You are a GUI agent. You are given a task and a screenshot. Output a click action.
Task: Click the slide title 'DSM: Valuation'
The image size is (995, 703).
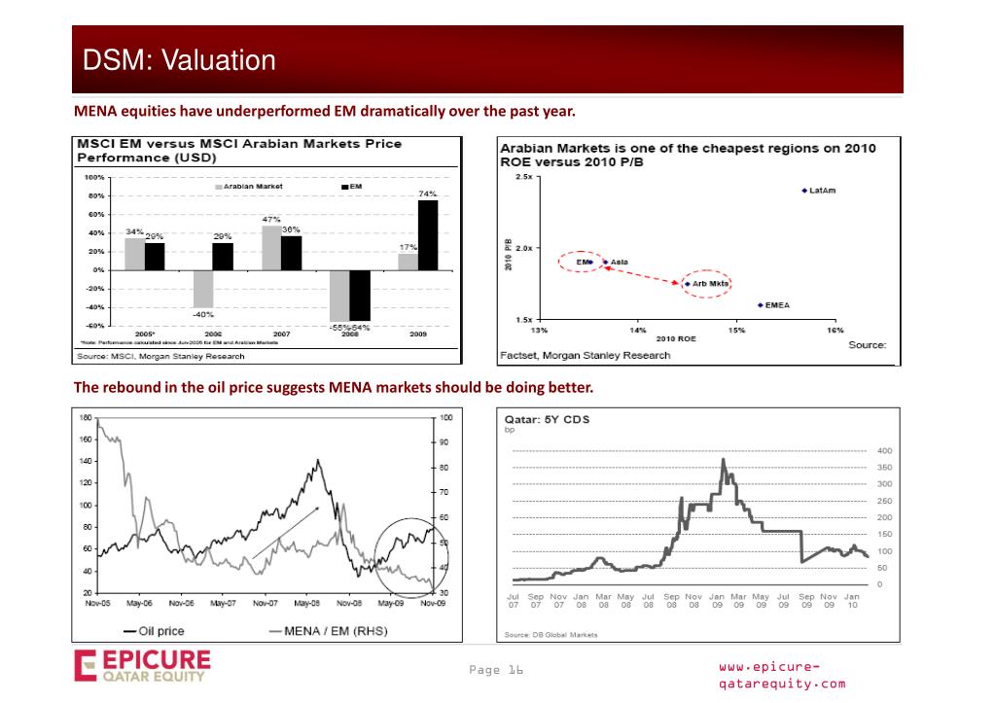point(179,60)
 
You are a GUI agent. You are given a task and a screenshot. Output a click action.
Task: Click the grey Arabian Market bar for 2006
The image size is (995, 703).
point(203,288)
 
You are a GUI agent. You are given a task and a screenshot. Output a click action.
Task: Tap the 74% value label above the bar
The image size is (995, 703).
point(427,194)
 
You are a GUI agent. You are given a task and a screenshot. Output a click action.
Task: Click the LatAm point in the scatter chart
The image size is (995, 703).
point(804,191)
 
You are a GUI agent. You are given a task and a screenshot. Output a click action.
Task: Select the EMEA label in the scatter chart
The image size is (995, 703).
point(777,305)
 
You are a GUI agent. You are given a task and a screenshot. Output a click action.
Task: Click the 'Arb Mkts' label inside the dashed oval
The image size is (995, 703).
point(711,284)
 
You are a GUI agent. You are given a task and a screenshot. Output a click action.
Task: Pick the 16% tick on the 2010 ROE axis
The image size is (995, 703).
point(835,331)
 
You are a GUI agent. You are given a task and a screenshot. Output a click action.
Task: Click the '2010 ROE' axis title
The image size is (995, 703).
point(676,339)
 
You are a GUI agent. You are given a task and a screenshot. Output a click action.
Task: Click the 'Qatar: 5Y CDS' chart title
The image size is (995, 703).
point(547,421)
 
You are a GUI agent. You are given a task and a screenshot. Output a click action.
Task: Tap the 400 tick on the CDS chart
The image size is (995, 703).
point(884,450)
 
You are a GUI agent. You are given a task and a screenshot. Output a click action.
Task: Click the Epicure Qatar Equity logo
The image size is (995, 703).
point(142,668)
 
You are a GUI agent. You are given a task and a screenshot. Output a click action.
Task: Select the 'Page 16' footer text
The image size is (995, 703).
point(496,670)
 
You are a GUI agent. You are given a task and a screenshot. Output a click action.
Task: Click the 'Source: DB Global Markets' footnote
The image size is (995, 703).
point(551,635)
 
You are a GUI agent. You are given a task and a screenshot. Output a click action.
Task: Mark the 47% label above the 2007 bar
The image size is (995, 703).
point(271,219)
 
